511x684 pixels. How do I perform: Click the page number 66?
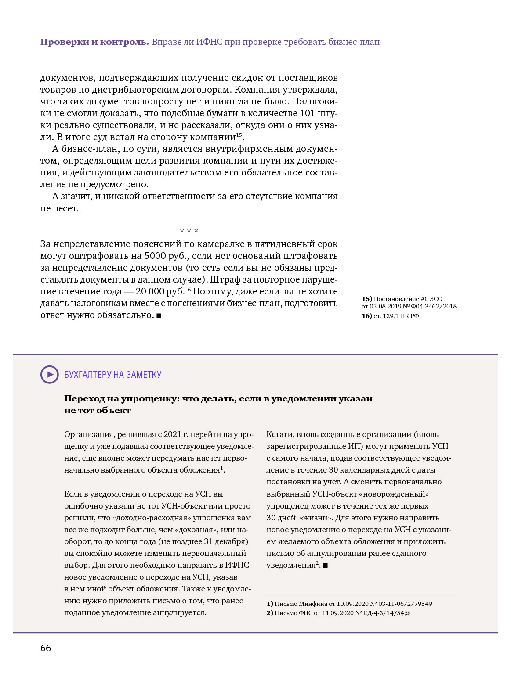pyautogui.click(x=46, y=648)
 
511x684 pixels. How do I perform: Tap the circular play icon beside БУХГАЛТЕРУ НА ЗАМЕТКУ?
pyautogui.click(x=49, y=375)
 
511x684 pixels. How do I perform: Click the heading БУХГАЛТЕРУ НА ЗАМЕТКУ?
pyautogui.click(x=113, y=375)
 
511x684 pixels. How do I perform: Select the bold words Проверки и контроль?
pyautogui.click(x=94, y=42)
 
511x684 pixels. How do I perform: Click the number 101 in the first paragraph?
pyautogui.click(x=308, y=113)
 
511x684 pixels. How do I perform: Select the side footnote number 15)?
pyautogui.click(x=367, y=299)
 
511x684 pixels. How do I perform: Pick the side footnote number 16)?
pyautogui.click(x=367, y=316)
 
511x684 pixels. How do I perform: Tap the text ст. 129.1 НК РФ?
pyautogui.click(x=396, y=316)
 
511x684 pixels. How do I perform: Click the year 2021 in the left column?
pyautogui.click(x=172, y=434)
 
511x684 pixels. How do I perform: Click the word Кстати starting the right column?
pyautogui.click(x=279, y=434)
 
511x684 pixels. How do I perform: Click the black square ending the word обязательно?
pyautogui.click(x=159, y=315)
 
